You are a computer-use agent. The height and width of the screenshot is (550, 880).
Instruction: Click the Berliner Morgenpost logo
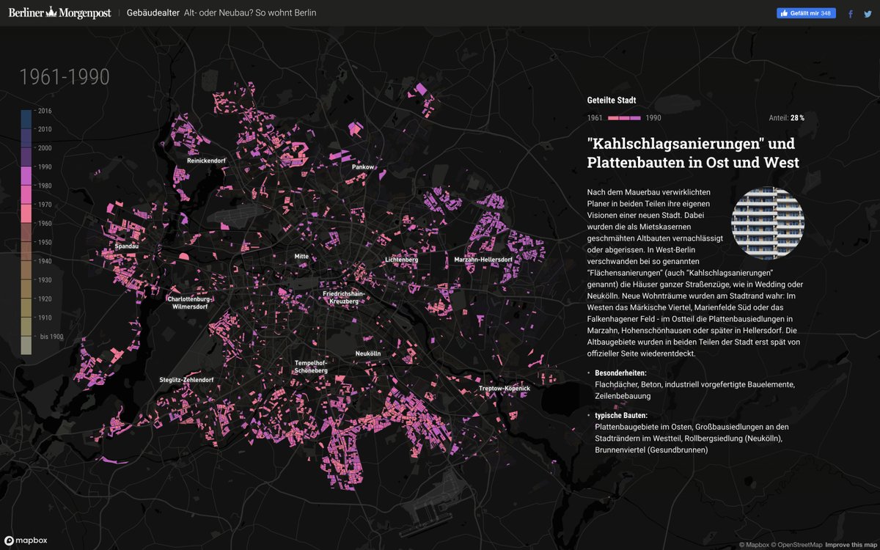(59, 12)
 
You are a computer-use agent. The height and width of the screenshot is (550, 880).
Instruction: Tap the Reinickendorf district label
(206, 160)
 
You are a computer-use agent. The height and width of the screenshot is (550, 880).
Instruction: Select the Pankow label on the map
(363, 167)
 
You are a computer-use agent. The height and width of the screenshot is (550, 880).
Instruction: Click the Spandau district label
(126, 246)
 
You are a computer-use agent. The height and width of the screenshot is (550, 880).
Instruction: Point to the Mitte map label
(301, 257)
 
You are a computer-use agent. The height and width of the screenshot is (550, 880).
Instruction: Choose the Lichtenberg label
(401, 260)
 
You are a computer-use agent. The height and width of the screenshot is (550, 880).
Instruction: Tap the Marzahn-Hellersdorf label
(483, 260)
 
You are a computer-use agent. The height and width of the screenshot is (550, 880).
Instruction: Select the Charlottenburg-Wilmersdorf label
(189, 303)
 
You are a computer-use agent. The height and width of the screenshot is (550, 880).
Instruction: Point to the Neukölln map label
(368, 353)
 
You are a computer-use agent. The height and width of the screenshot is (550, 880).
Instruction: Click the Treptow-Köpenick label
(504, 388)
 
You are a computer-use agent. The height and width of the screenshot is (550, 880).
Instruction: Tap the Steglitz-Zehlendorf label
(186, 380)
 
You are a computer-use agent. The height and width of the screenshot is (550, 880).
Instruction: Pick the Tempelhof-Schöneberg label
(311, 367)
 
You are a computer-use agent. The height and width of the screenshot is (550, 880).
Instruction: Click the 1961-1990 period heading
(65, 77)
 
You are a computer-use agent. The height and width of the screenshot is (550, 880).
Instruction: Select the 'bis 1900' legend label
(51, 337)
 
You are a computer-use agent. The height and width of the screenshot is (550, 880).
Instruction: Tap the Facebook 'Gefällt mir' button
(805, 13)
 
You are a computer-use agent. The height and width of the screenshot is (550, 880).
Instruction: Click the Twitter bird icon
(868, 13)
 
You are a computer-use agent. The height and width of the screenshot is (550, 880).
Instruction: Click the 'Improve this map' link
(851, 545)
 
